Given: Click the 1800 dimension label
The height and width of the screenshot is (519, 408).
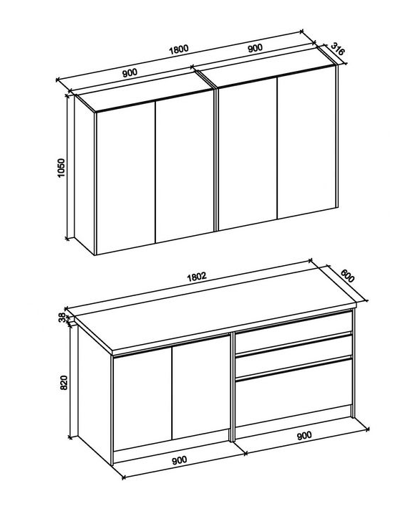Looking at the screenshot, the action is coord(178,49).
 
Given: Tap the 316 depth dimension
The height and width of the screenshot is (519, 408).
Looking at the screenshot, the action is coord(338,48).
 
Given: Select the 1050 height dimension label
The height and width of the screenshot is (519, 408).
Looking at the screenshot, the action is coord(62,168).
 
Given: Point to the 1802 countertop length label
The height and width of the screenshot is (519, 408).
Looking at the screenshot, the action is coord(197,277).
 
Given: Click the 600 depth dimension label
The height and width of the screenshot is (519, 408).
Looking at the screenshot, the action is coord(347,276).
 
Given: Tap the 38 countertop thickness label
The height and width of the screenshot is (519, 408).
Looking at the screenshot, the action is coord(62,318).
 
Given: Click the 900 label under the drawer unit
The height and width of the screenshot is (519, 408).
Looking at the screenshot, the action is coord(303,435).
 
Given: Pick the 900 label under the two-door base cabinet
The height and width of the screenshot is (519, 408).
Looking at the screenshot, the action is coord(179,460).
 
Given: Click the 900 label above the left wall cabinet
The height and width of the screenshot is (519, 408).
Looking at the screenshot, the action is coord(130,72).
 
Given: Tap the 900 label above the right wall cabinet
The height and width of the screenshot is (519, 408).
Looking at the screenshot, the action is coord(255,48).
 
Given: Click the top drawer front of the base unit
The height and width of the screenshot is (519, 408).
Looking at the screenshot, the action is coord(293,332).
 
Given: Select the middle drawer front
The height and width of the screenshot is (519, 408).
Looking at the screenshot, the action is coord(293,356).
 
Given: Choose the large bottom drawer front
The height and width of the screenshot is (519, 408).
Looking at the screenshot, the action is coord(293,393).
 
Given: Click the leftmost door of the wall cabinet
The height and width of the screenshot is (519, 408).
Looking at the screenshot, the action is coord(126,178).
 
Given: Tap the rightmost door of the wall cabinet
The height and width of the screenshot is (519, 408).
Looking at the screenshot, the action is coord(306,143).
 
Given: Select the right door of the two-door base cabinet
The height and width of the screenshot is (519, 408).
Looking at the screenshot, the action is coord(200,388).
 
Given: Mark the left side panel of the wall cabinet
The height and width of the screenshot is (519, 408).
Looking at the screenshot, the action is coord(84,175).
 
